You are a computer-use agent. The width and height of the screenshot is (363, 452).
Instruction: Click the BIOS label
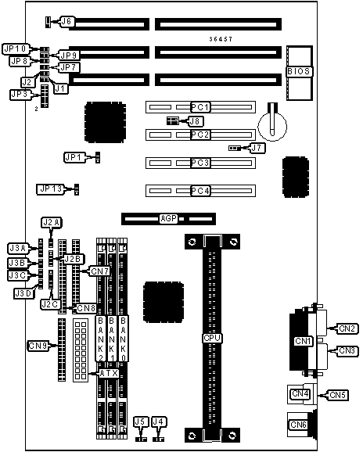point(299,71)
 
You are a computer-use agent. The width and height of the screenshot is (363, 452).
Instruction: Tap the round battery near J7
point(272,126)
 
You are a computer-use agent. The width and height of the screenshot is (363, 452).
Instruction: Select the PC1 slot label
point(200,107)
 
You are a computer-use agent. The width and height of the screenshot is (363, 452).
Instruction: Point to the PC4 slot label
point(200,191)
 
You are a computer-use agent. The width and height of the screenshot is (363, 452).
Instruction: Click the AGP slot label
point(169,218)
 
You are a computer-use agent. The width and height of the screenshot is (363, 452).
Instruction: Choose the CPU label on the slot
point(212,338)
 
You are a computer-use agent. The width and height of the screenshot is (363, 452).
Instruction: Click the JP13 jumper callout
point(52,189)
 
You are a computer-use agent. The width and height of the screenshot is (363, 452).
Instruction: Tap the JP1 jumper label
point(74,157)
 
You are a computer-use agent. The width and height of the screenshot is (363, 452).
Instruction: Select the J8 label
point(196,121)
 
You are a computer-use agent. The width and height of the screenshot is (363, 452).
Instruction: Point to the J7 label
point(257,148)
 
